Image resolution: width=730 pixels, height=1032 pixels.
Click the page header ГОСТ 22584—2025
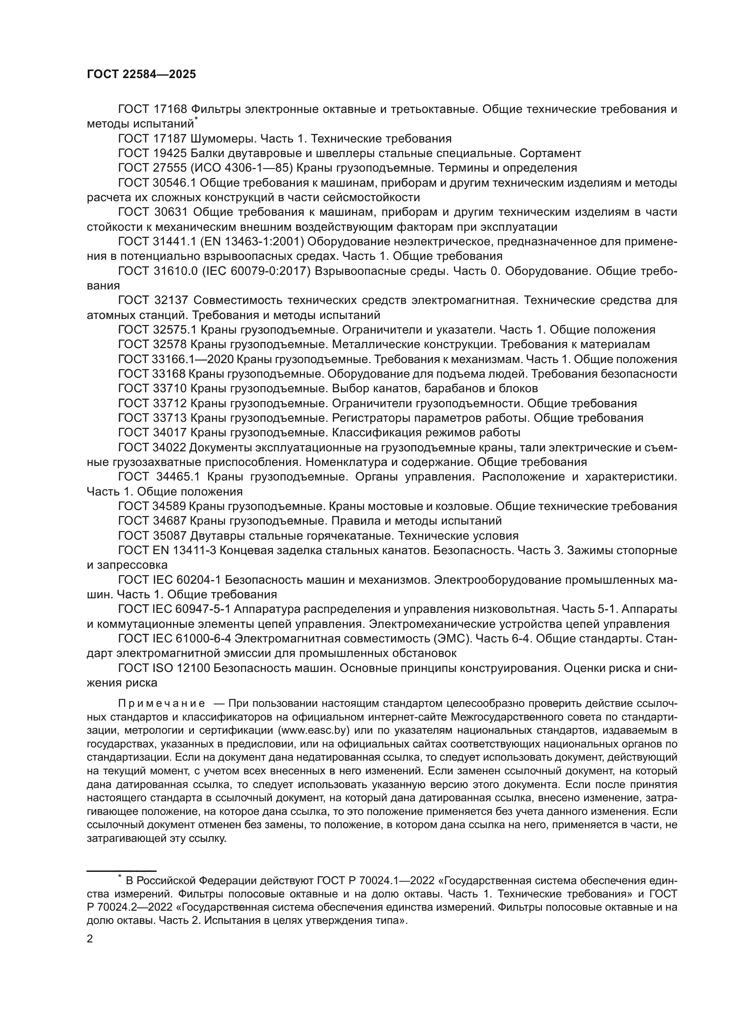[141, 75]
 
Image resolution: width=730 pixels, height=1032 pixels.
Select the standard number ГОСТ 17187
[152, 139]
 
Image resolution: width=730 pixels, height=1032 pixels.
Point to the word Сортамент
[550, 153]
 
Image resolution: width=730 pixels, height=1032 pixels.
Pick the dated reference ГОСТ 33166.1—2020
[176, 360]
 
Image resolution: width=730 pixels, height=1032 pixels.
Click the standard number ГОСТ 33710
[152, 388]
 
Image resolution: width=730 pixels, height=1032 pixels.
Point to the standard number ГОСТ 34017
[152, 433]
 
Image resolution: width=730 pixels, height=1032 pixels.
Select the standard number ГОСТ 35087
[152, 536]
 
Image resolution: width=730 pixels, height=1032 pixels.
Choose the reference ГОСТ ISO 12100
[164, 668]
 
